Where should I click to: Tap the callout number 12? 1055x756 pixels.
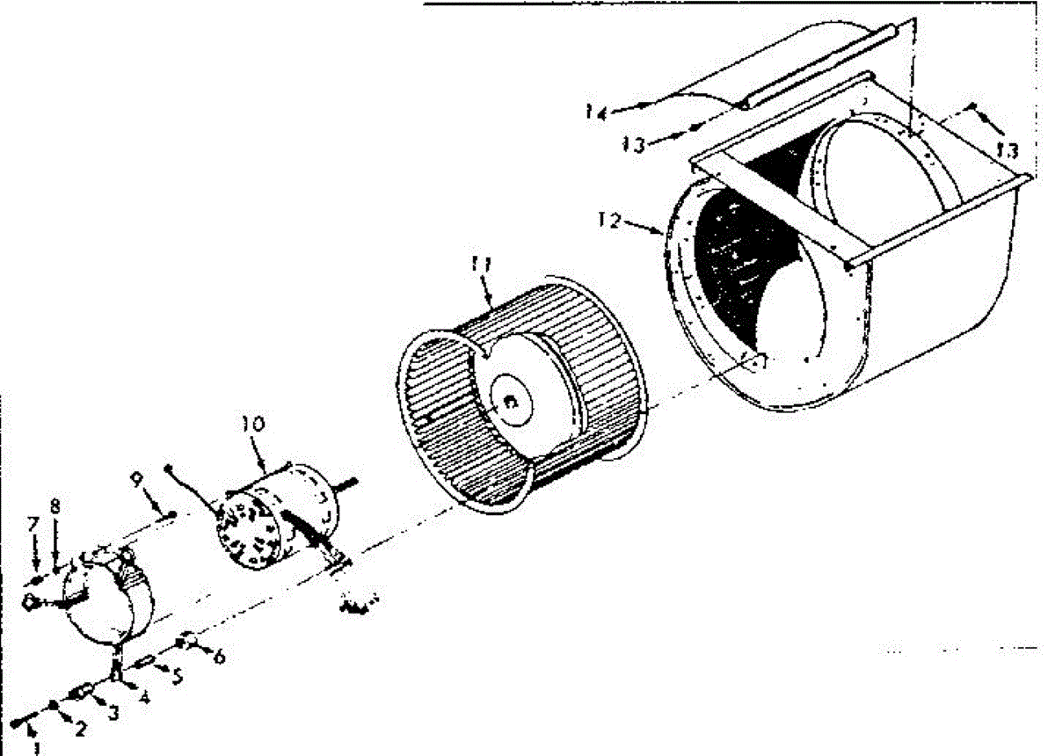608,221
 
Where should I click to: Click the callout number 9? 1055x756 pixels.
136,479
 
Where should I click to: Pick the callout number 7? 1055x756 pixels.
33,525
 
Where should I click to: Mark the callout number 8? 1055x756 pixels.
55,506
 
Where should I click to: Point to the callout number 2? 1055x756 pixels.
80,728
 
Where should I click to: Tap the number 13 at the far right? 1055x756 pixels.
1007,151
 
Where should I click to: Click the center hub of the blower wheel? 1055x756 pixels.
509,403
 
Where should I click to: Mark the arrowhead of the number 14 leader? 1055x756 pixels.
648,103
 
